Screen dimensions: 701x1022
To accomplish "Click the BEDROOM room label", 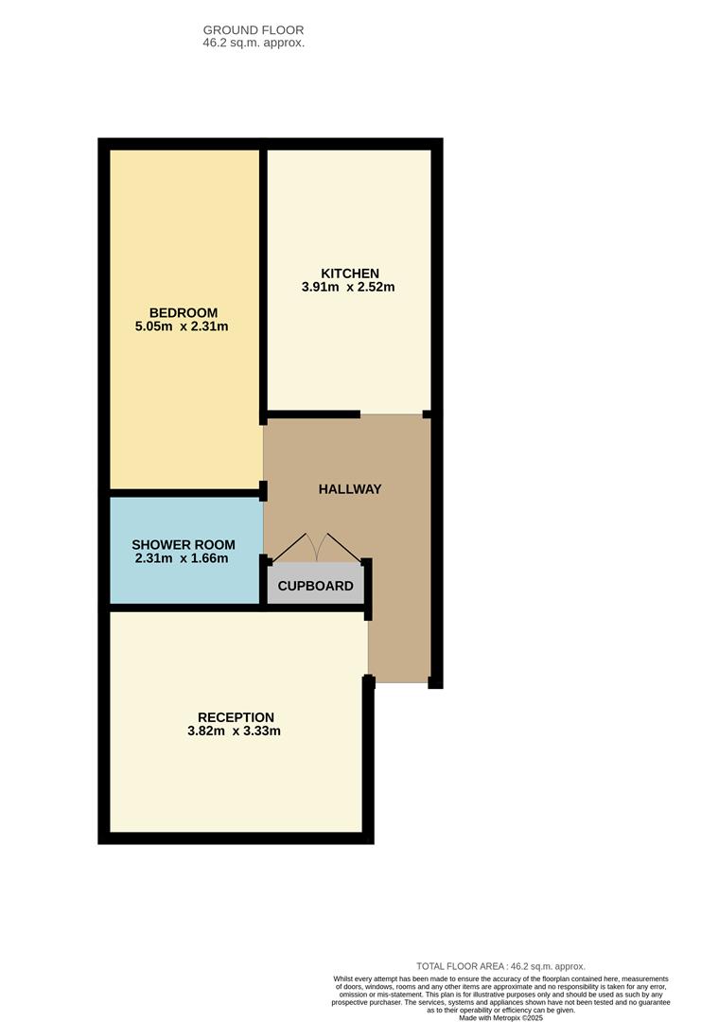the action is (184, 313).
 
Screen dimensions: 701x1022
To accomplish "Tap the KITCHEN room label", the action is (350, 273).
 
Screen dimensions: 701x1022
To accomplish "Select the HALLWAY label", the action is (350, 489).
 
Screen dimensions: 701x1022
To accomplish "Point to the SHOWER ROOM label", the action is (184, 545).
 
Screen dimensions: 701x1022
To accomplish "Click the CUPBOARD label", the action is (315, 586).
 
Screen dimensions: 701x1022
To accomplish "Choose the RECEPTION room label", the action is (236, 717).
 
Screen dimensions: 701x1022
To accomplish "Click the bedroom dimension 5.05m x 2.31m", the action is (182, 326).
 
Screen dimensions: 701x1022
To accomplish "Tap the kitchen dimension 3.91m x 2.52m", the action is (348, 287).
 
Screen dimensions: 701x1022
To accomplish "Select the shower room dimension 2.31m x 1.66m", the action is (182, 558).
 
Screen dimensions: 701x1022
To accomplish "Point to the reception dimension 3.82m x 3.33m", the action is (234, 731).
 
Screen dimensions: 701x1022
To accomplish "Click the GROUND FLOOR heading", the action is (254, 30).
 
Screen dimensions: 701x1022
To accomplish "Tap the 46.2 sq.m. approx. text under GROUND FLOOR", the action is (254, 43).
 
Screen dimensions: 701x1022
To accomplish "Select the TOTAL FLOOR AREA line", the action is (501, 966).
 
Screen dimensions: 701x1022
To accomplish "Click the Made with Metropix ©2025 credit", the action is (501, 1017).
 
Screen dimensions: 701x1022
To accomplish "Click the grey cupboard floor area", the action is (315, 583).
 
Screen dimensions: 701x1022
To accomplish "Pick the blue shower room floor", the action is (186, 551).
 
